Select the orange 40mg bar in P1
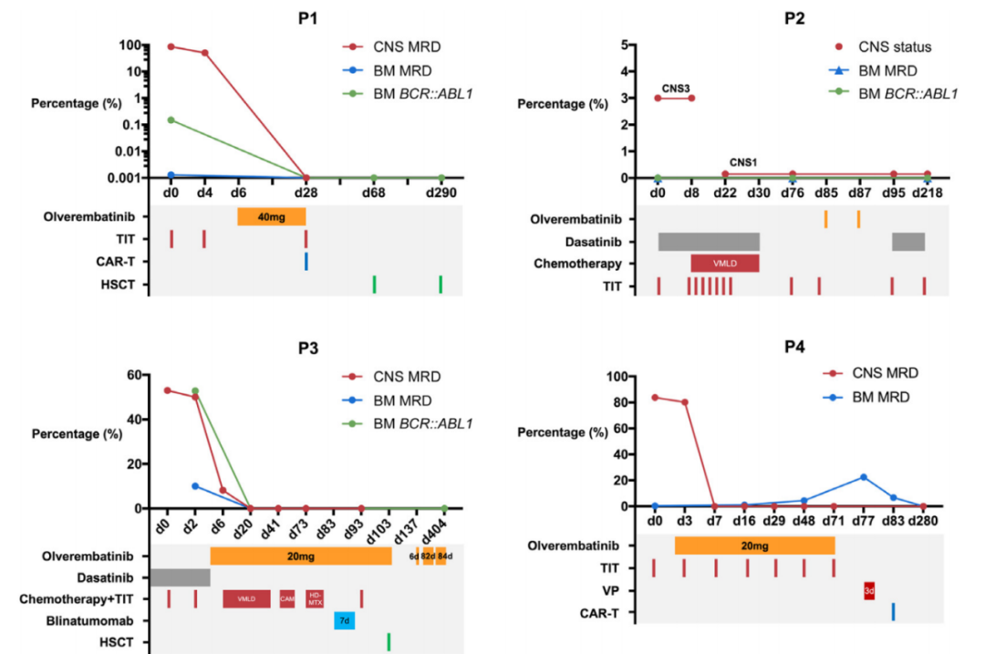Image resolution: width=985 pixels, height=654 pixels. tap(271, 217)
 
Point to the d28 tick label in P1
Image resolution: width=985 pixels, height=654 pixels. tap(306, 193)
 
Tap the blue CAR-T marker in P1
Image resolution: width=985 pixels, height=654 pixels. tap(306, 261)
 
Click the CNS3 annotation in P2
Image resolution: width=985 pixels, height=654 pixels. tap(675, 88)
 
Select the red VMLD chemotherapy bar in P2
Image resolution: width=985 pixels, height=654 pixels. tap(724, 263)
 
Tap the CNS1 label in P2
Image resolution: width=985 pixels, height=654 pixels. tap(743, 162)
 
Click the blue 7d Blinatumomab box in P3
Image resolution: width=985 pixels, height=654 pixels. tap(344, 620)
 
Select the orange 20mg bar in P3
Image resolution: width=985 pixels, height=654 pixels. tap(300, 555)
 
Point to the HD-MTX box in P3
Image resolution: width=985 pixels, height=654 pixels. tap(315, 598)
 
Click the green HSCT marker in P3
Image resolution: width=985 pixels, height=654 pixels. tap(389, 641)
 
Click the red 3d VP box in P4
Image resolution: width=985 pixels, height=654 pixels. tap(869, 590)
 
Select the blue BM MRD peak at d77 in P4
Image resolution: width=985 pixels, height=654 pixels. tap(863, 477)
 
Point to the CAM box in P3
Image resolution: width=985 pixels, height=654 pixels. tap(287, 598)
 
